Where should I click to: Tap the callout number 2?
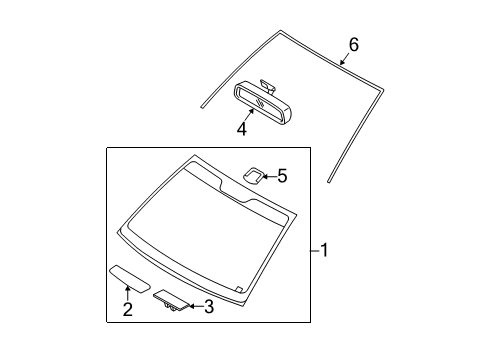pos(127,310)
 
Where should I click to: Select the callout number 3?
pos(208,307)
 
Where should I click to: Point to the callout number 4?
pos(242,129)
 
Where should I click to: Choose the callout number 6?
pos(352,45)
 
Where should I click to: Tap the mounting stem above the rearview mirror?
pos(264,84)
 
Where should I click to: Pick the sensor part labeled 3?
pos(171,299)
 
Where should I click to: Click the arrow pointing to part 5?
pos(267,177)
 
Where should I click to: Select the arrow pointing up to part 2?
pos(127,291)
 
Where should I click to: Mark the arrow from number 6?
pos(345,61)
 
